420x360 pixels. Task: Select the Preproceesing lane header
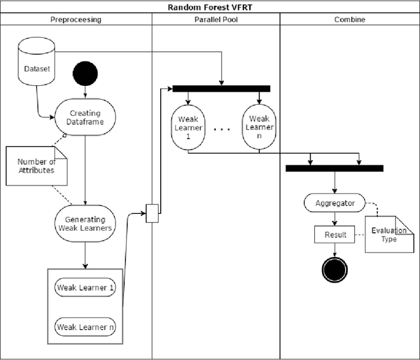76,20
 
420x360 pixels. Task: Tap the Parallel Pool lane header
216,20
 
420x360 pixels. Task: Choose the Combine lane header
350,20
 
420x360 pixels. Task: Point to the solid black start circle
85,73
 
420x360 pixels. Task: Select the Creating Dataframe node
85,117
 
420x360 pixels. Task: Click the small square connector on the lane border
152,213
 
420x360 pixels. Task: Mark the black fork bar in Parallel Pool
221,89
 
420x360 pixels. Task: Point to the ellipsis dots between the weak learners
222,129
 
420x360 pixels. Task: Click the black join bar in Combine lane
334,169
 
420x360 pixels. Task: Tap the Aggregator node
335,203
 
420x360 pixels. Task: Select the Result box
335,234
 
